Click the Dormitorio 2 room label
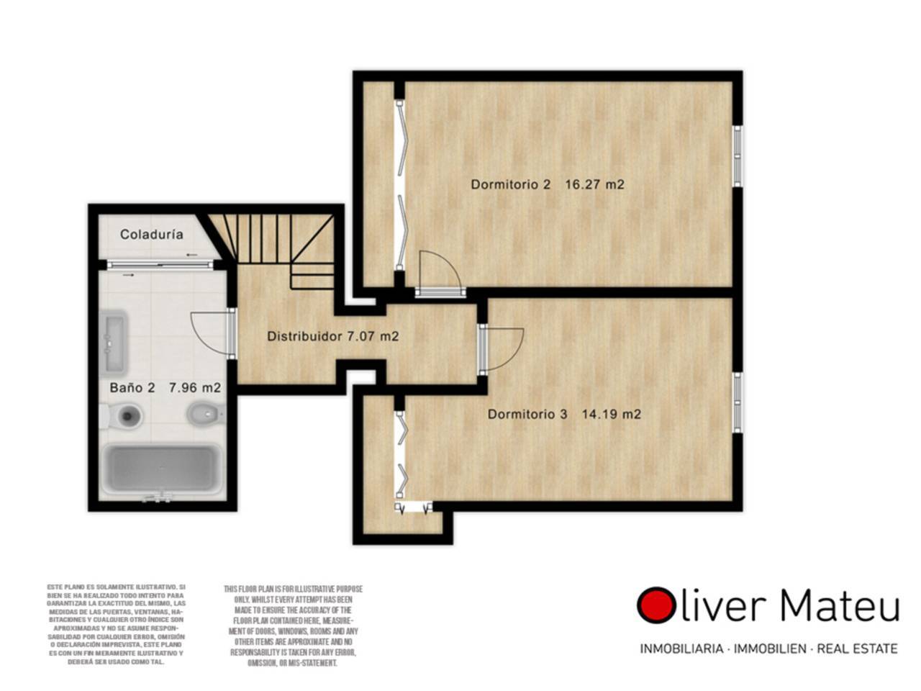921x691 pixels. click(x=510, y=184)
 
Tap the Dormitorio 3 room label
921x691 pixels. click(x=527, y=414)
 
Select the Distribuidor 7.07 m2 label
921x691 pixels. click(x=332, y=336)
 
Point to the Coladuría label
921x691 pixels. click(x=152, y=234)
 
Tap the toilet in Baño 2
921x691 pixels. click(x=122, y=415)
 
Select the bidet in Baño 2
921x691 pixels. click(x=206, y=415)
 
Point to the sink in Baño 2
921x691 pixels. click(x=113, y=343)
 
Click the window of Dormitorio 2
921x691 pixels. click(x=737, y=155)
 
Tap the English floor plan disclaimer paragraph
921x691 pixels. click(x=293, y=626)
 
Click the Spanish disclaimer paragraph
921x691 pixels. click(x=117, y=624)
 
